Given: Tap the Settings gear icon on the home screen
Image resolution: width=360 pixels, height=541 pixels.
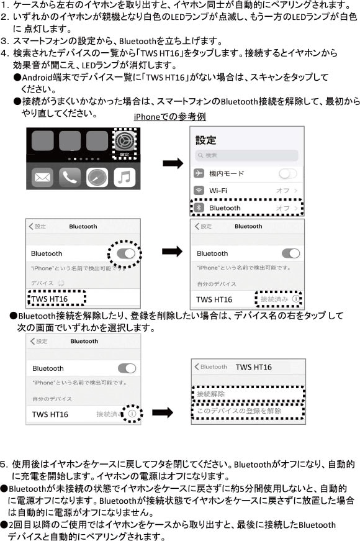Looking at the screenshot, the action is click(x=125, y=141).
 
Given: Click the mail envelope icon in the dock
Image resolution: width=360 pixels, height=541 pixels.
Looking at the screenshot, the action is click(x=42, y=178).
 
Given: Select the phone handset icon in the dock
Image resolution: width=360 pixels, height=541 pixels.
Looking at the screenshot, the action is click(x=70, y=178).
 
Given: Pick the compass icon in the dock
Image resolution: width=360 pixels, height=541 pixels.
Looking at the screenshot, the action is click(x=97, y=178).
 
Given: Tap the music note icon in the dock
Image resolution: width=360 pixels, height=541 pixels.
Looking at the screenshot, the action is click(x=125, y=178).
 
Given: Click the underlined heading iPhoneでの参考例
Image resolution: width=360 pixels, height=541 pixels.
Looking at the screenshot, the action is click(x=169, y=117).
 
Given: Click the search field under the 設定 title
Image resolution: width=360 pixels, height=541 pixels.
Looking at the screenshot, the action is click(x=246, y=155).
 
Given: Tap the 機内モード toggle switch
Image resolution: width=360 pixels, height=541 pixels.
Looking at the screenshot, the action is click(x=287, y=173).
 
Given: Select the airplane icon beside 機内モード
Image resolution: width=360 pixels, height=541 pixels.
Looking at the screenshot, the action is click(x=199, y=173).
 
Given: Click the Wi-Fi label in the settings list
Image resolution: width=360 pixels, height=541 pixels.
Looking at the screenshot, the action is click(x=218, y=191).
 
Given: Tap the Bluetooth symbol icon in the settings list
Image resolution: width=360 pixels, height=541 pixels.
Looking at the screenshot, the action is click(x=198, y=207).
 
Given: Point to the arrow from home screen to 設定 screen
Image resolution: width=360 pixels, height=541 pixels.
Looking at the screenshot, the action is click(x=173, y=163).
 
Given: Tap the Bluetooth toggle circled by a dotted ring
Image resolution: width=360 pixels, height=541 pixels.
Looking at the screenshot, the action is click(x=126, y=254).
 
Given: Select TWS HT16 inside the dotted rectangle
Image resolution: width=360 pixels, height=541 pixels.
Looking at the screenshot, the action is click(x=50, y=299).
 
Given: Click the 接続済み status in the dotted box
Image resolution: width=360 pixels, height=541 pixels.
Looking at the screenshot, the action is click(x=274, y=299).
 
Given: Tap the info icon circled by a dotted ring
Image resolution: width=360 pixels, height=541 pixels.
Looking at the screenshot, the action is click(x=132, y=413).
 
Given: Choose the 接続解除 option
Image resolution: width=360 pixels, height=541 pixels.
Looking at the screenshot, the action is click(x=210, y=394).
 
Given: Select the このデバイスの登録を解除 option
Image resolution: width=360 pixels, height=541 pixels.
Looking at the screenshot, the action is click(x=239, y=411).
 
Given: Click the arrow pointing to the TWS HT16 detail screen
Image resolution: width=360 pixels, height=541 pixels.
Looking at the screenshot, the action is click(x=163, y=412).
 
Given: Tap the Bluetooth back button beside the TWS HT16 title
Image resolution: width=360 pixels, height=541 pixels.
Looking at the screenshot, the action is click(x=210, y=366).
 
